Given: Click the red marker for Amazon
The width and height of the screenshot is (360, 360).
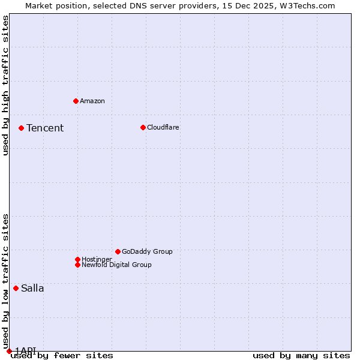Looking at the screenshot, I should pos(76,101).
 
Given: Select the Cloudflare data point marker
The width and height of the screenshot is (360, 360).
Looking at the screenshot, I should pos(143,127).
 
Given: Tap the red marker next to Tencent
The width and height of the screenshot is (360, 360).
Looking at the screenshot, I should pos(21,128).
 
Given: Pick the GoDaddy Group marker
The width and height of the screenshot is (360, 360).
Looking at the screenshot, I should pos(118,251).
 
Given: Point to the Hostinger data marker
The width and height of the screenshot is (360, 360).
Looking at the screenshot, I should pos(77,259).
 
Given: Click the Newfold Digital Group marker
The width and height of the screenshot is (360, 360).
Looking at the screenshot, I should pos(77,265).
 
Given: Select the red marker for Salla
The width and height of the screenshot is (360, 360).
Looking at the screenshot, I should pos(16,288).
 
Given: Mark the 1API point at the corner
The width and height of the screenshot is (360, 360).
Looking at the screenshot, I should pos(9,351).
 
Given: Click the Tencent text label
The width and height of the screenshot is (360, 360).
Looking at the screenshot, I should pos(45,128).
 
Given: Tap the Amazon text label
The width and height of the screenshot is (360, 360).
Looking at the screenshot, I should pos(92,101).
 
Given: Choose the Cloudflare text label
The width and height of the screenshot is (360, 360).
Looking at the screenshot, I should pos(163,127).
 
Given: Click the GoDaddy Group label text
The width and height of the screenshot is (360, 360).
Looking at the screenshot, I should pos(147,251).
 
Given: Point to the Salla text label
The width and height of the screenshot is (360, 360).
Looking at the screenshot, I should pos(32,288).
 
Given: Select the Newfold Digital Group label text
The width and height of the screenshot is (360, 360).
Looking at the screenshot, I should pos(116,265).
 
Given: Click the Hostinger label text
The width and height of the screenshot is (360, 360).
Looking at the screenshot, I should pos(97,259).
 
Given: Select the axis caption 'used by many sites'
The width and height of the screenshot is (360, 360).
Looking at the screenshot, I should pos(301,356).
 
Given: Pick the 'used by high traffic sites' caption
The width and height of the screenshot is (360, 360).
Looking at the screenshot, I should pos(5,85).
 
